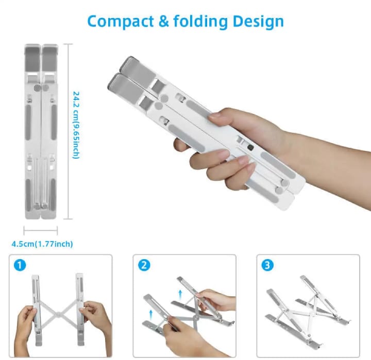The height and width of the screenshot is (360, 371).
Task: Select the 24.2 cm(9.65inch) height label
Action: click(76, 125)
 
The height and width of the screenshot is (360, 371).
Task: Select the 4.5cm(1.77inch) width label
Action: click(42, 244)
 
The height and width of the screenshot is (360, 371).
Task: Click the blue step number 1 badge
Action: click(20, 265)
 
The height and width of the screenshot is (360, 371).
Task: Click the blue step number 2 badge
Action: click(144, 265)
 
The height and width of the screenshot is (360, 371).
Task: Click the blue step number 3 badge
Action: click(267, 265)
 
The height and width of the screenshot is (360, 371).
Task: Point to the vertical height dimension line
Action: click(69, 129)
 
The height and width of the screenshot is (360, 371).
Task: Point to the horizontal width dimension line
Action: click(40, 231)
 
